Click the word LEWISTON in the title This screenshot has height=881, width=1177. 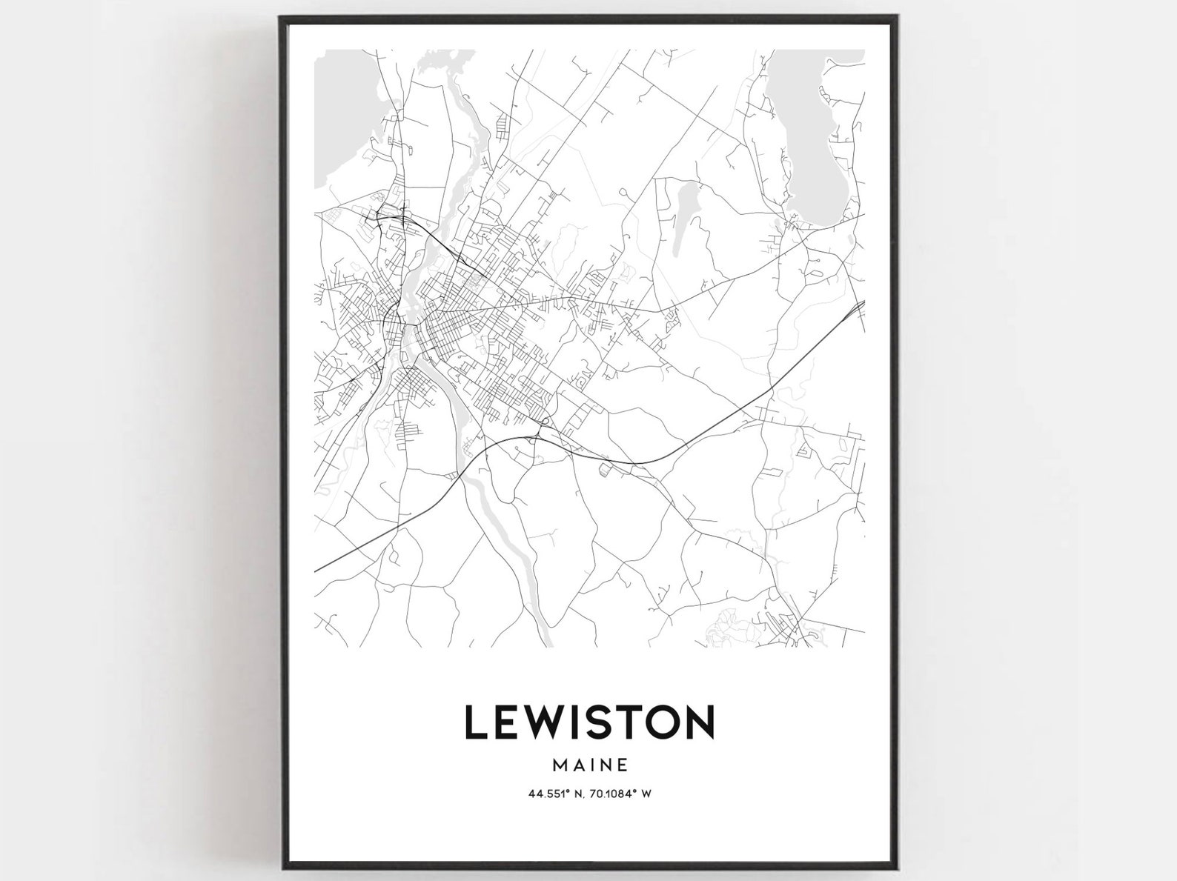tap(589, 722)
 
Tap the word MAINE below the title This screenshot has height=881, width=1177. tap(589, 763)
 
